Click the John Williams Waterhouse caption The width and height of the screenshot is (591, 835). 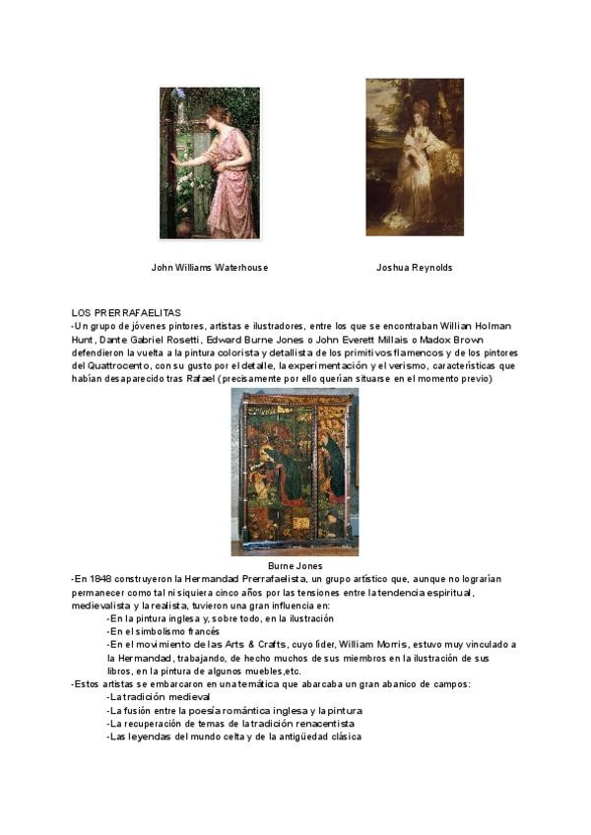(x=209, y=267)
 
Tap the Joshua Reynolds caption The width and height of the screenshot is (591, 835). (x=414, y=267)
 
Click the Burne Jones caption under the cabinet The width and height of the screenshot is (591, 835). (x=295, y=566)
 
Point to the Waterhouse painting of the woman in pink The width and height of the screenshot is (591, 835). (x=210, y=162)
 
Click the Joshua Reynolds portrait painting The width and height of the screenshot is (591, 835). (x=414, y=158)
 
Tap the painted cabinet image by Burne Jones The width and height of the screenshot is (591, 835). (x=295, y=472)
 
